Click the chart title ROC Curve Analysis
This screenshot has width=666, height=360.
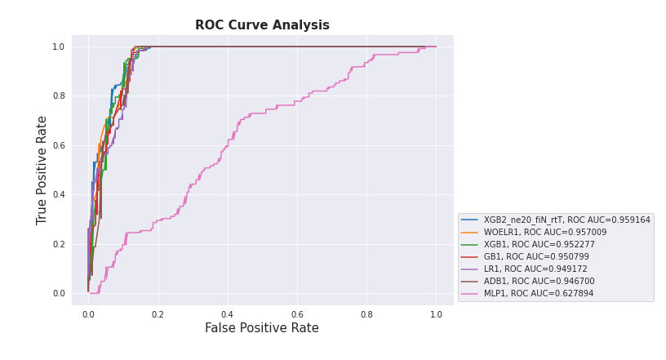(x=262, y=25)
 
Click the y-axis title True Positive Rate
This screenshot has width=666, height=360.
(x=42, y=170)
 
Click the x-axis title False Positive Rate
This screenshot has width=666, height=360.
(x=261, y=328)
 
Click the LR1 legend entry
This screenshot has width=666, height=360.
(x=535, y=269)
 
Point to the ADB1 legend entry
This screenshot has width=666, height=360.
(x=539, y=281)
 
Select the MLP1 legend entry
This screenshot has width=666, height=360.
(x=539, y=293)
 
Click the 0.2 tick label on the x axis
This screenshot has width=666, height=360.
(x=158, y=314)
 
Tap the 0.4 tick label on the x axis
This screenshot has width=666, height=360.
(x=227, y=314)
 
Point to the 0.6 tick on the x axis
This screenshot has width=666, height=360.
(x=297, y=314)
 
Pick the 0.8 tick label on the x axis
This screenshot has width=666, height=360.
(x=366, y=314)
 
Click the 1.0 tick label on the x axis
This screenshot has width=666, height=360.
(x=436, y=314)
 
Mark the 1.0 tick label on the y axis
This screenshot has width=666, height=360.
(x=58, y=47)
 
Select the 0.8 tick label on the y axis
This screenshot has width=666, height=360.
(x=58, y=96)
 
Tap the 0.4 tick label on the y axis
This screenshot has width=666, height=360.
(x=58, y=195)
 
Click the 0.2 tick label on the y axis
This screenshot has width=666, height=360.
(x=58, y=244)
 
